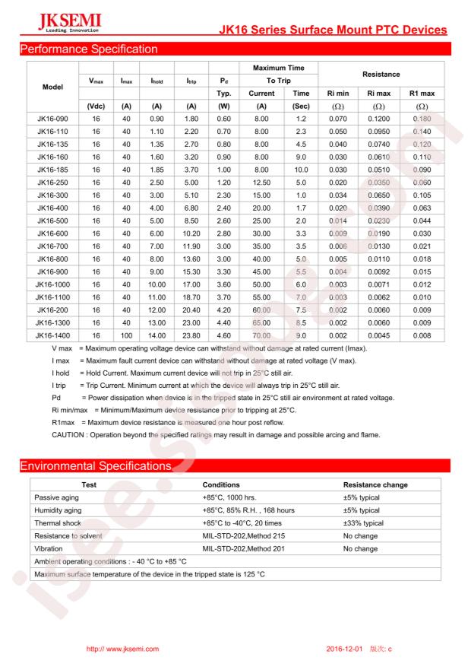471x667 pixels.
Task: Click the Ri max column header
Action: point(378,94)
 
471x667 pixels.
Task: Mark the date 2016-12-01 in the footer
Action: point(346,648)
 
